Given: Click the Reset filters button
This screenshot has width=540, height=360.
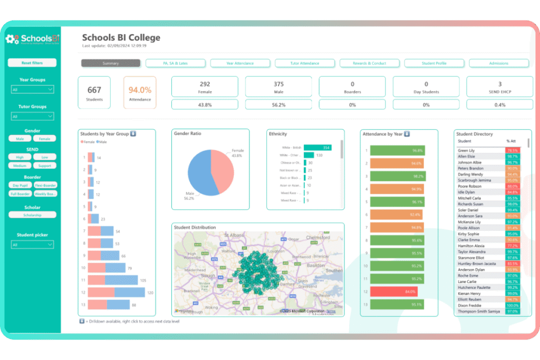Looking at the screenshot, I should click(x=32, y=63).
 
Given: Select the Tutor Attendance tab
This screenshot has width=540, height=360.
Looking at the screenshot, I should click(x=305, y=63).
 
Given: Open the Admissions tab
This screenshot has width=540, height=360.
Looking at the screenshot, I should click(x=498, y=63).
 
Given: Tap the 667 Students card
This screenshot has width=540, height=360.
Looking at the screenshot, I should click(x=94, y=93).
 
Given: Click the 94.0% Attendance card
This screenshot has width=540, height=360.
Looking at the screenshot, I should click(x=140, y=93).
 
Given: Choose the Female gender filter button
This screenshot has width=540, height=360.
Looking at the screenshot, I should click(x=44, y=139).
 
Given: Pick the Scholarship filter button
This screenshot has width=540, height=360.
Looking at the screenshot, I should click(x=32, y=215).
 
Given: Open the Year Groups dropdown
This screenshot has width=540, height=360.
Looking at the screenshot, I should click(x=32, y=90).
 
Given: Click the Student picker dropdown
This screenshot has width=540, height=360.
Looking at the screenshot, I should click(x=32, y=245).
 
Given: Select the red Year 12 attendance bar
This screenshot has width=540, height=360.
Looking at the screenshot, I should click(x=393, y=291).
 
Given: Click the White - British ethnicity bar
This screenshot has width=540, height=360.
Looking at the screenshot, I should click(x=317, y=148).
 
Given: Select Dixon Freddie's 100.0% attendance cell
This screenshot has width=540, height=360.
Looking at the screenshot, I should click(x=512, y=306).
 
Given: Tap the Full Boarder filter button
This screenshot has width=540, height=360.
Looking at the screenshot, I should click(x=20, y=194).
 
